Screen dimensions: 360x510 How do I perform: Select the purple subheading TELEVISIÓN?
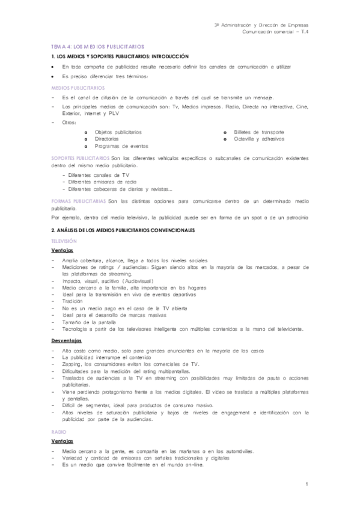(x=65, y=240)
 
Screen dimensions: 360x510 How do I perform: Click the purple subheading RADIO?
(x=59, y=432)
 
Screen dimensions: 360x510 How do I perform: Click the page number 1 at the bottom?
(x=306, y=485)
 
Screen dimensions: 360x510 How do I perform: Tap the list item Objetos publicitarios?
(x=118, y=132)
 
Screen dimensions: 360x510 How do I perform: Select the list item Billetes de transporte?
(x=258, y=132)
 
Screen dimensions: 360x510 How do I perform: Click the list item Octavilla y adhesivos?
(x=258, y=139)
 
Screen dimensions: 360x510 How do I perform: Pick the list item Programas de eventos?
(x=121, y=146)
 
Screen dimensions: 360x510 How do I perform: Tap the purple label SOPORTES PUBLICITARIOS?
(x=80, y=158)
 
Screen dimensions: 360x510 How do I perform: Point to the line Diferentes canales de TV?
(x=99, y=175)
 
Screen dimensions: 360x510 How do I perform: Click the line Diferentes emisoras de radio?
(x=103, y=182)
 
